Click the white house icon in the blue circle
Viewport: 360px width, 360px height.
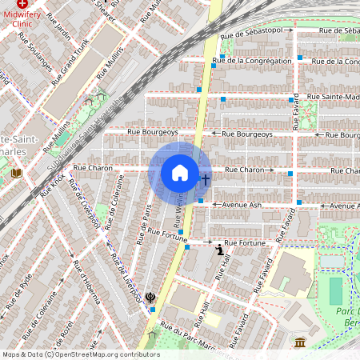pyautogui.click(x=180, y=173)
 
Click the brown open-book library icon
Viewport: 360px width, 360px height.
pyautogui.click(x=16, y=173)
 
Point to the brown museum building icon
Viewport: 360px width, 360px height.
pyautogui.click(x=300, y=342)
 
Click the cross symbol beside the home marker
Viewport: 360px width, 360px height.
pyautogui.click(x=205, y=180)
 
